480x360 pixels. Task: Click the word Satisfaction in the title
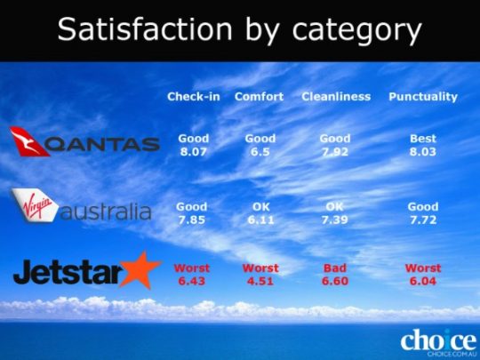pos(145,28)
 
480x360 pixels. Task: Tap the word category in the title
pos(357,31)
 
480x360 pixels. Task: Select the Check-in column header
pos(194,97)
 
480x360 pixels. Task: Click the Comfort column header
pos(259,97)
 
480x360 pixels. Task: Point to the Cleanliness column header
pos(336,97)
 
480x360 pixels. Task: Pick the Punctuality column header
pos(423,98)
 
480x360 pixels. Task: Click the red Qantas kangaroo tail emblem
pos(28,141)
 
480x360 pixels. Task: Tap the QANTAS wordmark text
pos(103,144)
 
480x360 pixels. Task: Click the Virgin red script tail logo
pos(35,204)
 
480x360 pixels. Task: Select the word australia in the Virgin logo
pos(106,211)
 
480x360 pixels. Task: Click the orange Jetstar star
pos(140,270)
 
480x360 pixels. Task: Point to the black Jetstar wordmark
pos(68,272)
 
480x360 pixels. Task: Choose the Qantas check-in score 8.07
pos(194,152)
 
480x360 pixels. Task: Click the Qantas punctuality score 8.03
pos(423,152)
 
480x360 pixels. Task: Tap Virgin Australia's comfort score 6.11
pos(260,220)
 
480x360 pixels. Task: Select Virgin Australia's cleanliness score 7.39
pos(334,220)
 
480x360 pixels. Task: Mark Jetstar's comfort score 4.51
pos(260,281)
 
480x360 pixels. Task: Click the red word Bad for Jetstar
pos(335,268)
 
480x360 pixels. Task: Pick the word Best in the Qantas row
pos(423,139)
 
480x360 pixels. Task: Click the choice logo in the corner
pos(438,340)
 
